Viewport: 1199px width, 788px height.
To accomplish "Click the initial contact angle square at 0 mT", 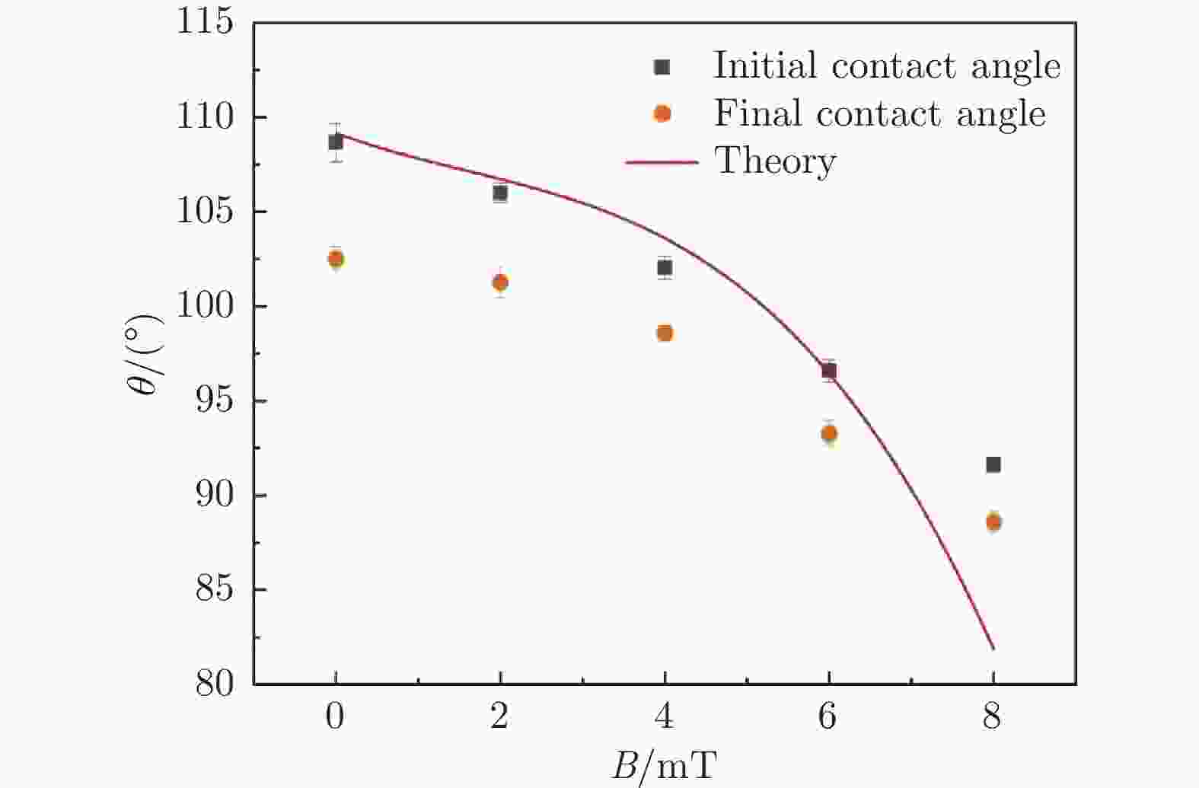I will tap(336, 142).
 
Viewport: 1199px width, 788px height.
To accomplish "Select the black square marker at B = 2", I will tap(500, 193).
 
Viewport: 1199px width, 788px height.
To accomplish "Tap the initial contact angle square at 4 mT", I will tap(665, 267).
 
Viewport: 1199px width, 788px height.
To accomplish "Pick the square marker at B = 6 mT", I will tap(829, 371).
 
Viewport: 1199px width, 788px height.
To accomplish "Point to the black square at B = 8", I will tap(993, 464).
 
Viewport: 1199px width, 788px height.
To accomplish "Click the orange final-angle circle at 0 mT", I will tap(336, 259).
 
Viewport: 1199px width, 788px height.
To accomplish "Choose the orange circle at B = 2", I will tap(500, 282).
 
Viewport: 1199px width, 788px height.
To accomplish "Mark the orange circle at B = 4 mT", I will tap(665, 333).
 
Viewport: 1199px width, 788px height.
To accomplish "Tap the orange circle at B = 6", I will tap(829, 434).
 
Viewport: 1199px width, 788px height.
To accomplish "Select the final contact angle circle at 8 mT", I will tap(993, 522).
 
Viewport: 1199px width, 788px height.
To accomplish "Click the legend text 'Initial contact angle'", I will tap(886, 65).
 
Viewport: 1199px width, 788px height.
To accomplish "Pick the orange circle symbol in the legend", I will tap(662, 114).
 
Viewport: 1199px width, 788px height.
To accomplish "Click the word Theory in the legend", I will tap(775, 161).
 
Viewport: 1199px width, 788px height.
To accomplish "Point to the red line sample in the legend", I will tap(662, 162).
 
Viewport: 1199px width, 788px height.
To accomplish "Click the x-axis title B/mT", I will tap(665, 765).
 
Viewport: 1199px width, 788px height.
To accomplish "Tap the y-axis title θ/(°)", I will tap(146, 355).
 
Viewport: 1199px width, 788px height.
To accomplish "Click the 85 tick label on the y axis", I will tap(214, 590).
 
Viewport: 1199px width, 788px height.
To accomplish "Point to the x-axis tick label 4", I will tap(665, 717).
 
